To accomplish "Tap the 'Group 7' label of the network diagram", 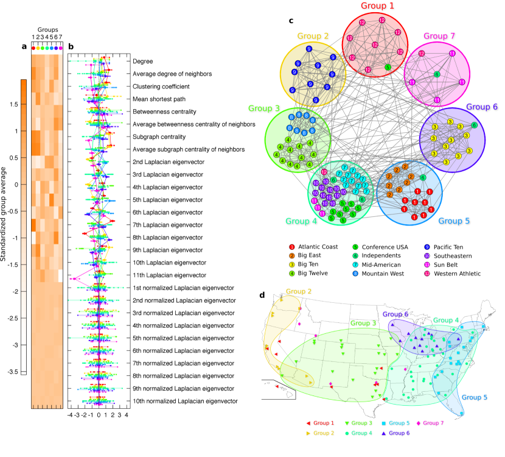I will coord(439,35).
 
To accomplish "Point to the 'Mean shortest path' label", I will coord(159,99).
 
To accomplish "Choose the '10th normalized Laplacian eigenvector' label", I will coord(184,401).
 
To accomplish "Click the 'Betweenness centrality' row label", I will coord(164,112).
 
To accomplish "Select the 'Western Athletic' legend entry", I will coord(445,274).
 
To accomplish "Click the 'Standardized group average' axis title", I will coord(5,214).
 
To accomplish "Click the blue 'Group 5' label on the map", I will coord(474,397).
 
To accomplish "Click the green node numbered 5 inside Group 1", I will coord(388,66).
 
